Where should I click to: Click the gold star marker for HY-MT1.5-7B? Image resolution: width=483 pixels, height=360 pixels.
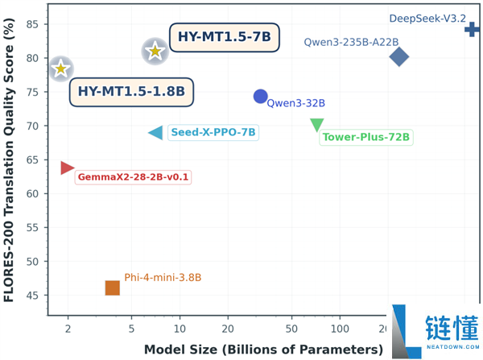coord(155,52)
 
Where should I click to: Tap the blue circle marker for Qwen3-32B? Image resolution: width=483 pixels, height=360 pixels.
coord(260,97)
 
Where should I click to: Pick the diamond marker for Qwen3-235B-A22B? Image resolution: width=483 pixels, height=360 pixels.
coord(398,56)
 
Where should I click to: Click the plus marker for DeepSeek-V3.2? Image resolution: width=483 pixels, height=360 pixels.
coord(472,30)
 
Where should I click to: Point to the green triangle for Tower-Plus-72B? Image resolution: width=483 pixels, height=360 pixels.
coord(317,125)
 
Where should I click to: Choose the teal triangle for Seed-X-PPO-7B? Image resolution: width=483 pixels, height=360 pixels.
coord(156,133)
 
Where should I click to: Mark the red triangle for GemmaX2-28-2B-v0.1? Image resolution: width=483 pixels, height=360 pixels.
coord(67,168)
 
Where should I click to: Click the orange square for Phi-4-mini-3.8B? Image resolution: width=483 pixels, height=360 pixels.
coord(113,288)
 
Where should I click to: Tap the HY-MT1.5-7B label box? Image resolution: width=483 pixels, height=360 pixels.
coord(225,36)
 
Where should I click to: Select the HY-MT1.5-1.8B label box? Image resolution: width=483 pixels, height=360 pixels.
coord(132,92)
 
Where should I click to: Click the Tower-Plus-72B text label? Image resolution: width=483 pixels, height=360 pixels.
coord(366,137)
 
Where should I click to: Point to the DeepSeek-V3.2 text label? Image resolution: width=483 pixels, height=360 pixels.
coord(427,18)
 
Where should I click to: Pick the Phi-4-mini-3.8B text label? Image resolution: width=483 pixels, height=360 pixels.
coord(163,278)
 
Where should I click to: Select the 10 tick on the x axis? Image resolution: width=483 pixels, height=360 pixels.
coord(180,329)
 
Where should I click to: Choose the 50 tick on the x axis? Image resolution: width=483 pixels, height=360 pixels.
coord(291,329)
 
